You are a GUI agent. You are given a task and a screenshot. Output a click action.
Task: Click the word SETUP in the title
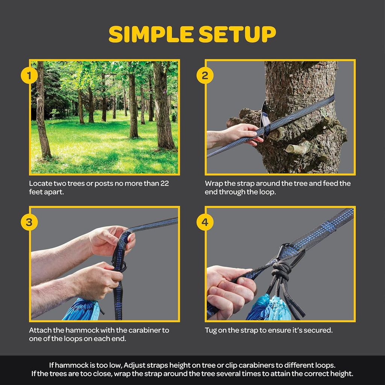tap(237, 35)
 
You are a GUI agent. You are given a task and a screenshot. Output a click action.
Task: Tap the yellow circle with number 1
tap(29, 76)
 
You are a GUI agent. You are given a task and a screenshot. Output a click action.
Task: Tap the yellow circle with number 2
tap(205, 76)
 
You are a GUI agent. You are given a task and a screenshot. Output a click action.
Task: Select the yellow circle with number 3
tap(29, 223)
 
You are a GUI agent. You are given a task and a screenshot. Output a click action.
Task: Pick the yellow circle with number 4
tap(205, 223)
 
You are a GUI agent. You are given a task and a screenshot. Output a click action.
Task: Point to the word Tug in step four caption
tap(211, 330)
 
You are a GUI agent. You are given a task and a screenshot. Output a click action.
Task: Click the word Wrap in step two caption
tap(213, 184)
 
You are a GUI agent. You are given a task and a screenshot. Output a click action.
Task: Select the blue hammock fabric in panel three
tap(81, 310)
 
